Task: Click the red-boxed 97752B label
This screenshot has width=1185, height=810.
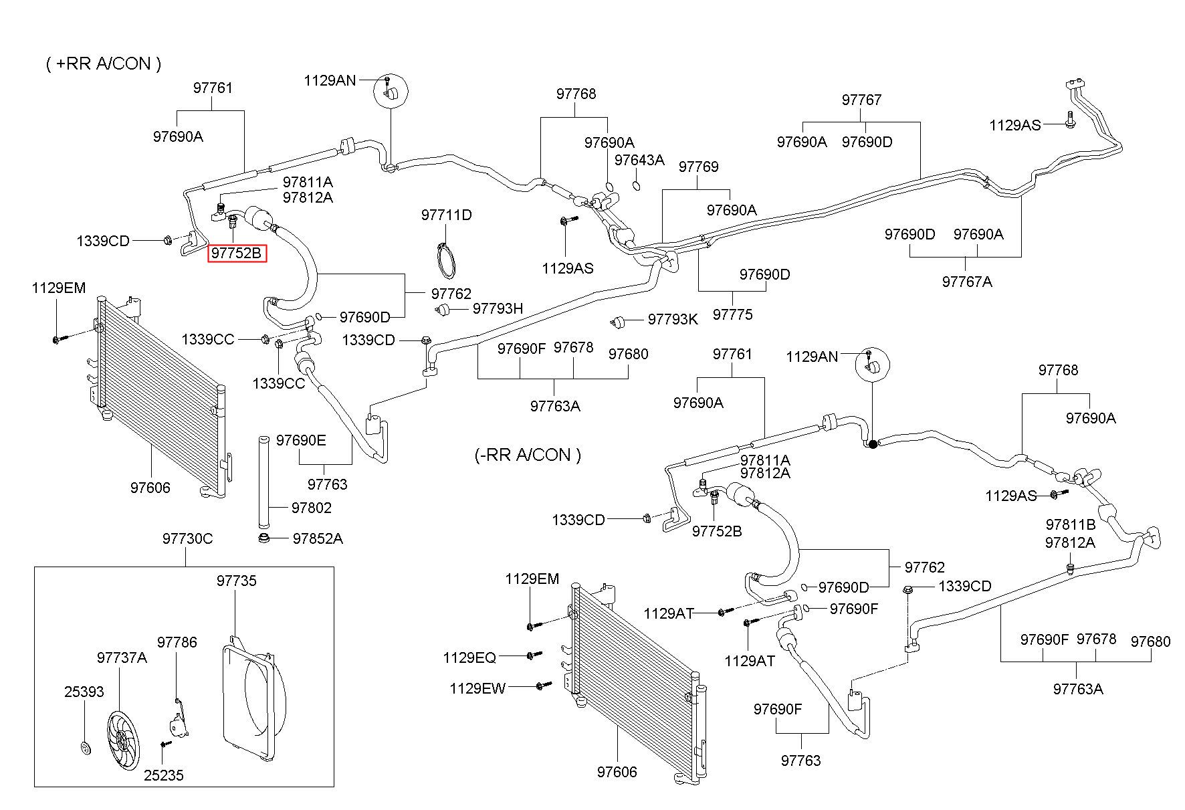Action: point(237,254)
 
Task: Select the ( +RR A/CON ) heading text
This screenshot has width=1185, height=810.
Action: point(104,64)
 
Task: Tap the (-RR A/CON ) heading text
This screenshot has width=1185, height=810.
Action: point(528,455)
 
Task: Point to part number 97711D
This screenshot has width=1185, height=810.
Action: point(447,215)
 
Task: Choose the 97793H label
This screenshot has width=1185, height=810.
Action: point(498,308)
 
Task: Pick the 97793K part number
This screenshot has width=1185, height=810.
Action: point(673,320)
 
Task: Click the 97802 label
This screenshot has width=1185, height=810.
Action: point(312,508)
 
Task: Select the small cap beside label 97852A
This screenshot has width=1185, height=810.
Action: point(265,538)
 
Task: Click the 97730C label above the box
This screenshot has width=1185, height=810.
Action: point(188,538)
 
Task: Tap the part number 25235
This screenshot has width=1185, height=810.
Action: point(164,775)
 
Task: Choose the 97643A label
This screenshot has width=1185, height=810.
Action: point(639,160)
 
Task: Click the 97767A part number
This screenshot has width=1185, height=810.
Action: point(967,282)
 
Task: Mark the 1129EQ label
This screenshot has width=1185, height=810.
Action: point(469,657)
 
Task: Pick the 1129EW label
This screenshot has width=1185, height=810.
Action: point(477,688)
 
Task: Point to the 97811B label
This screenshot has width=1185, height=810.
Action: point(1071,524)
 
